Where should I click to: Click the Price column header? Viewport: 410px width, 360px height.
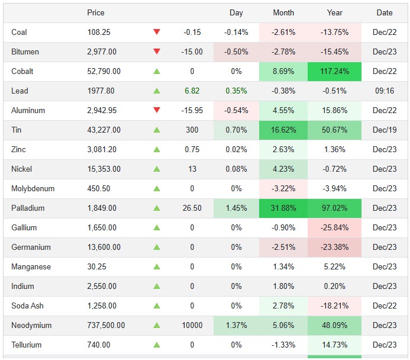point(96,13)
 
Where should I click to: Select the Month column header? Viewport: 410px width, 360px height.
point(283,13)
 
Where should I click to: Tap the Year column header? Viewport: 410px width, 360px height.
point(334,13)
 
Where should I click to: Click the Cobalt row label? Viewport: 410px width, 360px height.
point(22,72)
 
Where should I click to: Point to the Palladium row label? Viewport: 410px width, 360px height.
point(28,208)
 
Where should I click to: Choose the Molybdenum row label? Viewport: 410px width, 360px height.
point(33,189)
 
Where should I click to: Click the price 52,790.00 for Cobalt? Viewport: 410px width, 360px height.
point(104,72)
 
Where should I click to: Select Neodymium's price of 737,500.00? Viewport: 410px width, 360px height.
point(106,326)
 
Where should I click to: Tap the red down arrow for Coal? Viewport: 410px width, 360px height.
point(157,33)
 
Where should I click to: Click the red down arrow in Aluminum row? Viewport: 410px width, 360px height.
point(157,111)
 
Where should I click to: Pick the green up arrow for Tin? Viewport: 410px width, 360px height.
point(157,130)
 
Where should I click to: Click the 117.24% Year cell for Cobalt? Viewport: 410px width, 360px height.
point(334,72)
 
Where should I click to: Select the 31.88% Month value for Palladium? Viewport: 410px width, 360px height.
point(283,208)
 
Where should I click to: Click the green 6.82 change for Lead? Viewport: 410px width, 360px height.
point(192,91)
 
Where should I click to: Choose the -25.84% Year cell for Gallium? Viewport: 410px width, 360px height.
point(334,228)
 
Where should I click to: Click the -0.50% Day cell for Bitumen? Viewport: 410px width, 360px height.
point(236,52)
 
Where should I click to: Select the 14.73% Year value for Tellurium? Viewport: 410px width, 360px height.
point(334,345)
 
